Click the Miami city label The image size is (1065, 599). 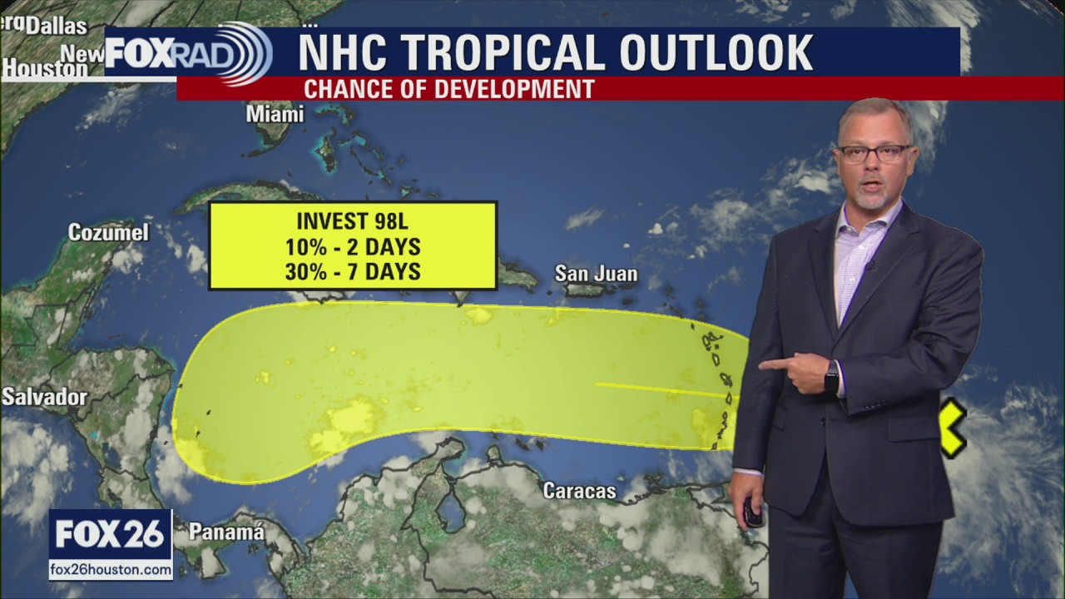pyautogui.click(x=275, y=114)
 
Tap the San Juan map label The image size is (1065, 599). pyautogui.click(x=596, y=274)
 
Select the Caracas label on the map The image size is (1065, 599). pyautogui.click(x=579, y=491)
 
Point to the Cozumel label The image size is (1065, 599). pyautogui.click(x=108, y=232)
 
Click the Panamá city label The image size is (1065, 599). pyautogui.click(x=226, y=532)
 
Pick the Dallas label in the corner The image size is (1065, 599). pyautogui.click(x=56, y=26)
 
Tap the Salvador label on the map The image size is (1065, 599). pyautogui.click(x=44, y=397)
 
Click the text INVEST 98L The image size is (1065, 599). pyautogui.click(x=352, y=221)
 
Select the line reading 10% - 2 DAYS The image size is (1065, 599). pyautogui.click(x=352, y=246)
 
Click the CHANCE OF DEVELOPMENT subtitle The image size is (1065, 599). pyautogui.click(x=448, y=89)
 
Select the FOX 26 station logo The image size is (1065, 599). pyautogui.click(x=110, y=534)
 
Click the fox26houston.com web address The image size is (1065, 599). pyautogui.click(x=111, y=570)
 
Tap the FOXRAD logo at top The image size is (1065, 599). pyautogui.click(x=188, y=53)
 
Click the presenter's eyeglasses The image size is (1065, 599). pyautogui.click(x=874, y=153)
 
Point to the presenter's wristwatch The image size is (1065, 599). pyautogui.click(x=831, y=378)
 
